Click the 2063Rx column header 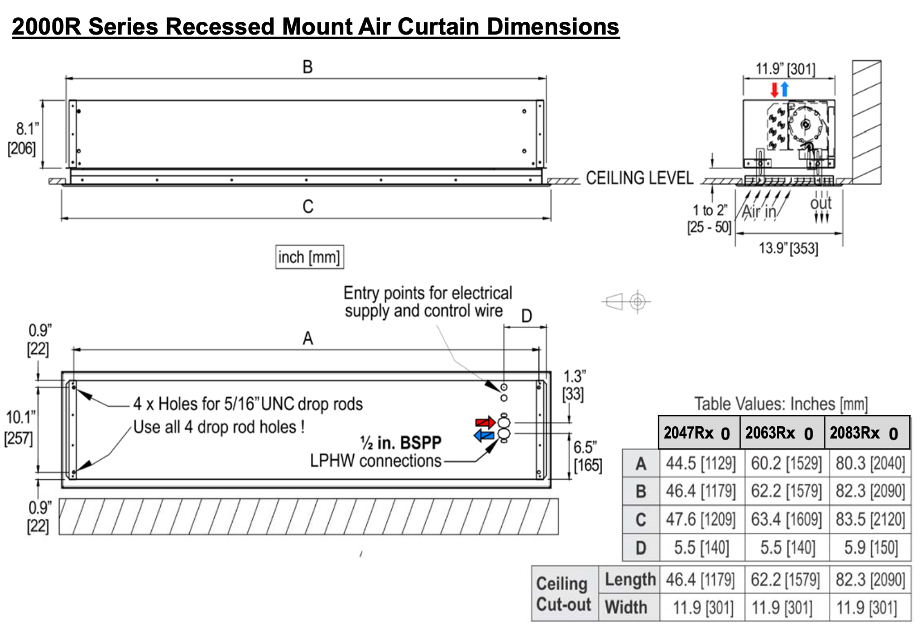(x=781, y=432)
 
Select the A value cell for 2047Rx (x=701, y=463)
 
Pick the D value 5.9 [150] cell (x=871, y=547)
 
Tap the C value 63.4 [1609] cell (x=786, y=519)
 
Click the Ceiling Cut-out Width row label (x=626, y=607)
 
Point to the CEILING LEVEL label (x=639, y=178)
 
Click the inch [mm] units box (x=309, y=257)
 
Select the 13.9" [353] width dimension (x=788, y=248)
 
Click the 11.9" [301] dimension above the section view (x=785, y=69)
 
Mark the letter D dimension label (x=526, y=316)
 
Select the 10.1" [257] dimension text (x=20, y=427)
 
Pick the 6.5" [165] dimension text (x=587, y=456)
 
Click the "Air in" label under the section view (x=759, y=211)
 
